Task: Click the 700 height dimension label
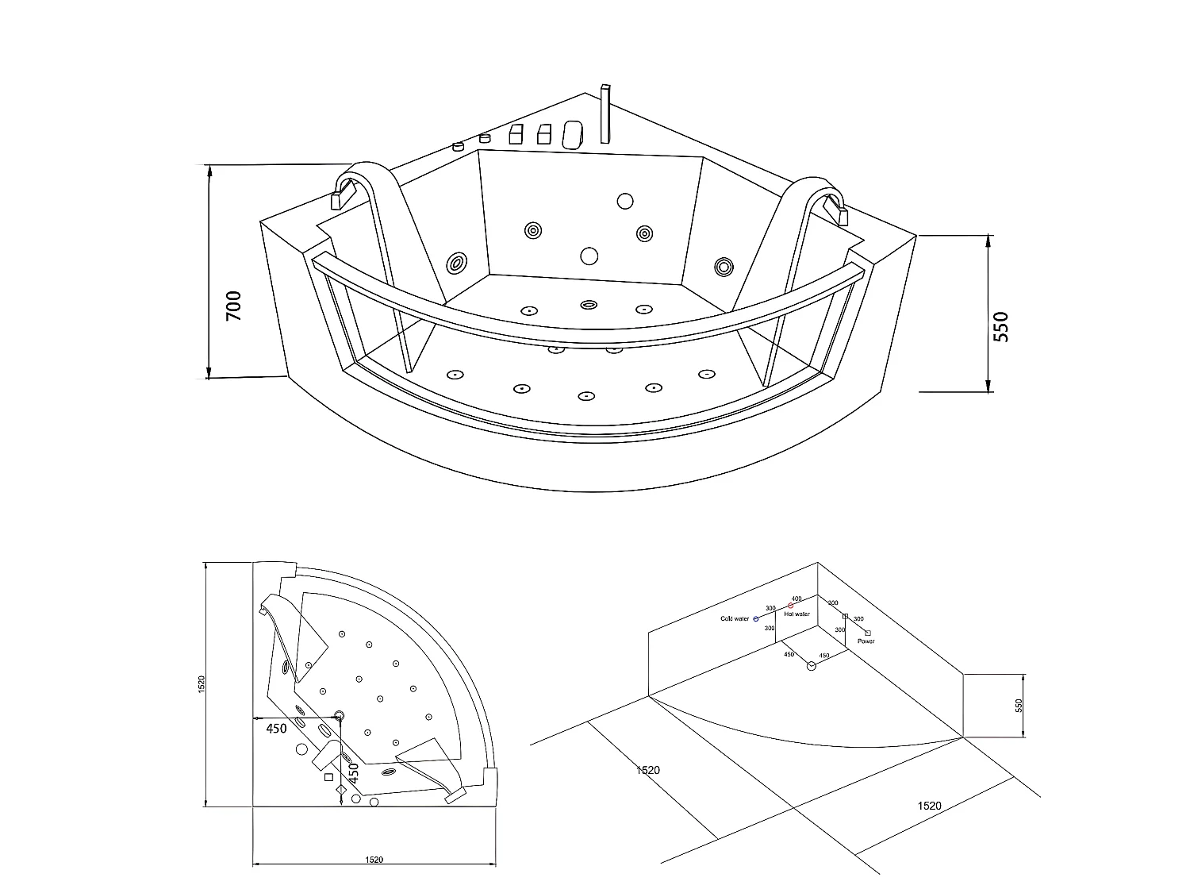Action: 233,306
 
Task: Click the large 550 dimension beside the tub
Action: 1001,325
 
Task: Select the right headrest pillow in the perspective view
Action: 835,209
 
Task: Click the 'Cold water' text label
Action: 734,618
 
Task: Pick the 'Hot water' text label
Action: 797,614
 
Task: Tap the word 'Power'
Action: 866,641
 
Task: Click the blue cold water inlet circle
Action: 756,618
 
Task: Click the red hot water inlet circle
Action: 790,606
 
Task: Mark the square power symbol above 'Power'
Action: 868,632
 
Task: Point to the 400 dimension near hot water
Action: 797,599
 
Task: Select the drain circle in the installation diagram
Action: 811,667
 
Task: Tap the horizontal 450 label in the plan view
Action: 276,729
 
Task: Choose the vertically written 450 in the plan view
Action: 354,772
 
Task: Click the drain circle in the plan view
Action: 340,716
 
